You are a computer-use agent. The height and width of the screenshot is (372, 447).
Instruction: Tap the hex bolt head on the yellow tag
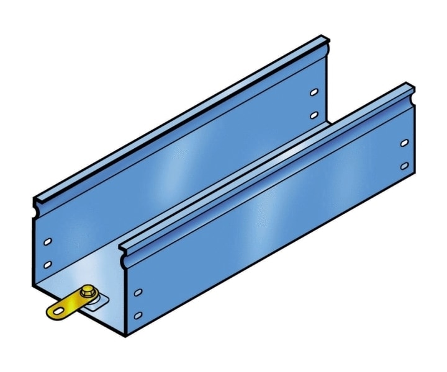click(x=87, y=291)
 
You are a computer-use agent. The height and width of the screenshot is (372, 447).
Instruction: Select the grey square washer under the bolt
click(x=96, y=303)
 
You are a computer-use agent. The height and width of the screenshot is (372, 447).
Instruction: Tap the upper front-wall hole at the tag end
click(x=138, y=291)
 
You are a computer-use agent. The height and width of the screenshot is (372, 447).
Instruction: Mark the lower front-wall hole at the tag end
click(x=138, y=316)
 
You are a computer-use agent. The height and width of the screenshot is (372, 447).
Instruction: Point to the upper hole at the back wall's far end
click(x=314, y=92)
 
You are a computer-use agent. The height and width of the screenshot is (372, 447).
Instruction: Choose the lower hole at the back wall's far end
click(x=314, y=115)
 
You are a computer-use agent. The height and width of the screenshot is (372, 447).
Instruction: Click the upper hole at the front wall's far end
click(x=404, y=143)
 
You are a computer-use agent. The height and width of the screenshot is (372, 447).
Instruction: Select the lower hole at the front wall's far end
click(x=404, y=166)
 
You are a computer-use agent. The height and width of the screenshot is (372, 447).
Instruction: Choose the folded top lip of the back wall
click(x=180, y=122)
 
